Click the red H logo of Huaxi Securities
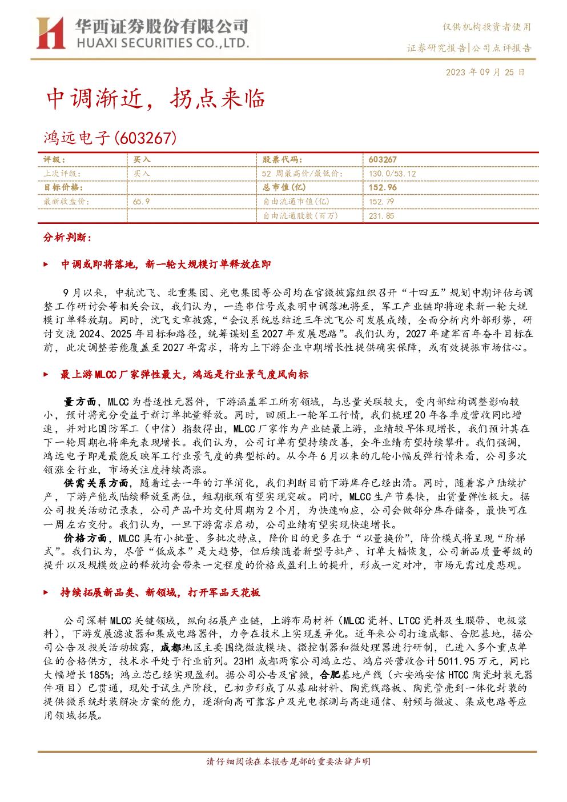(x=51, y=33)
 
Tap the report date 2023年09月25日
(x=485, y=73)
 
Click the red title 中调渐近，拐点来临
(x=156, y=98)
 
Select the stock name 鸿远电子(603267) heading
(x=110, y=138)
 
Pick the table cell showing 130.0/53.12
(x=392, y=174)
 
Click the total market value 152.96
(x=383, y=187)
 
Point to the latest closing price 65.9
(x=142, y=202)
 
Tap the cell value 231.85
(x=381, y=216)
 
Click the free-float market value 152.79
(x=381, y=202)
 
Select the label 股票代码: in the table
(x=283, y=160)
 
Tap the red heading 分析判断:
(x=67, y=238)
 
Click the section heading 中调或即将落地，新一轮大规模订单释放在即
(x=166, y=264)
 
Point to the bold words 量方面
(x=79, y=402)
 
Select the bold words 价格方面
(x=85, y=538)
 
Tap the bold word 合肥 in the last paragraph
(x=329, y=675)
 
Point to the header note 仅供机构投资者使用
(x=487, y=27)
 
